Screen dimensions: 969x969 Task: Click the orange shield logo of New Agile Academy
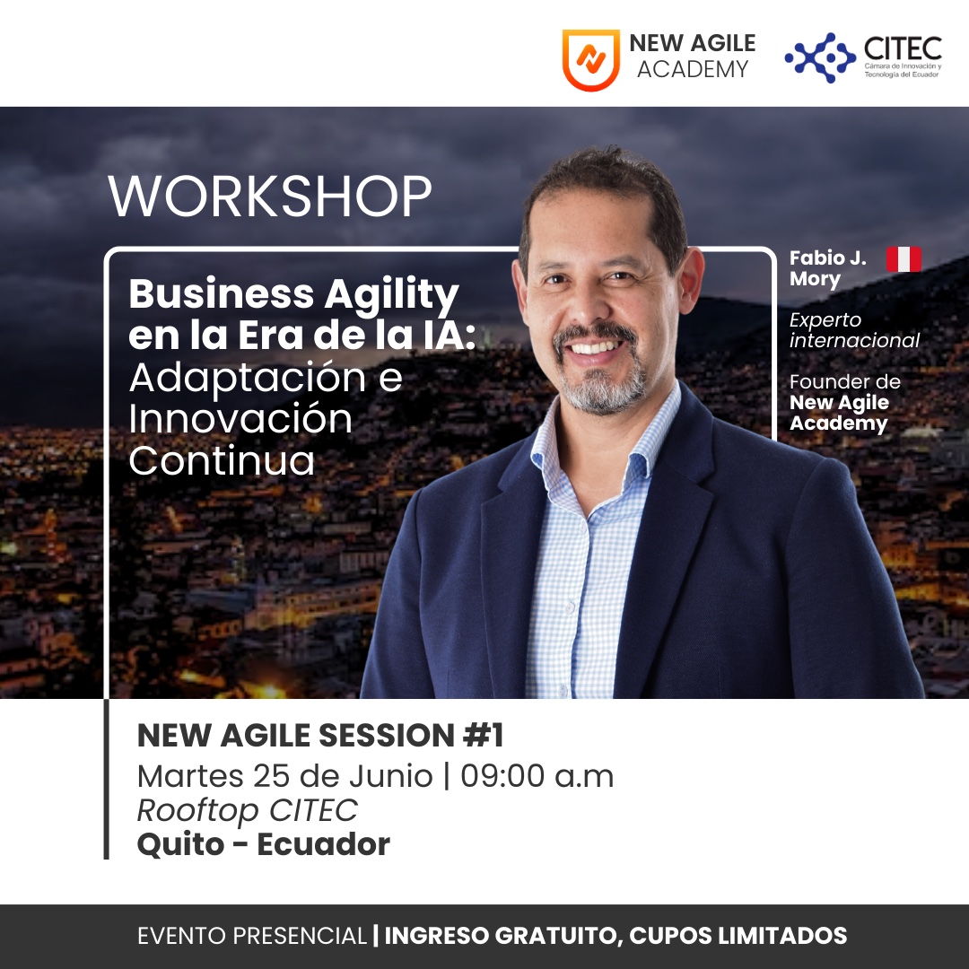click(x=590, y=59)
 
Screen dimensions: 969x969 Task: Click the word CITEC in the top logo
click(x=903, y=48)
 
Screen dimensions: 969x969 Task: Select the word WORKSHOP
click(x=269, y=196)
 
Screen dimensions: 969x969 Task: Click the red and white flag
click(x=904, y=259)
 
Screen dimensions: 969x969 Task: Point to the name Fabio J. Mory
click(x=827, y=268)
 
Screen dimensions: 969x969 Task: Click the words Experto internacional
click(x=854, y=330)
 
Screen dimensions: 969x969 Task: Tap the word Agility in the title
click(x=391, y=296)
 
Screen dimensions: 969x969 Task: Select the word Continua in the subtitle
click(x=222, y=461)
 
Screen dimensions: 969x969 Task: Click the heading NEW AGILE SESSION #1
click(x=320, y=736)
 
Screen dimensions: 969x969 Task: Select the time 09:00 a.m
click(x=537, y=776)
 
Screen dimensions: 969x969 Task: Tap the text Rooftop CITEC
click(x=248, y=811)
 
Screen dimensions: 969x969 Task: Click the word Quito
click(x=180, y=845)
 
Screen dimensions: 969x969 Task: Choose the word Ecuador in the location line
click(x=323, y=844)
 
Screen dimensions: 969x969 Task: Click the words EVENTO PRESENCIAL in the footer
click(x=252, y=936)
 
